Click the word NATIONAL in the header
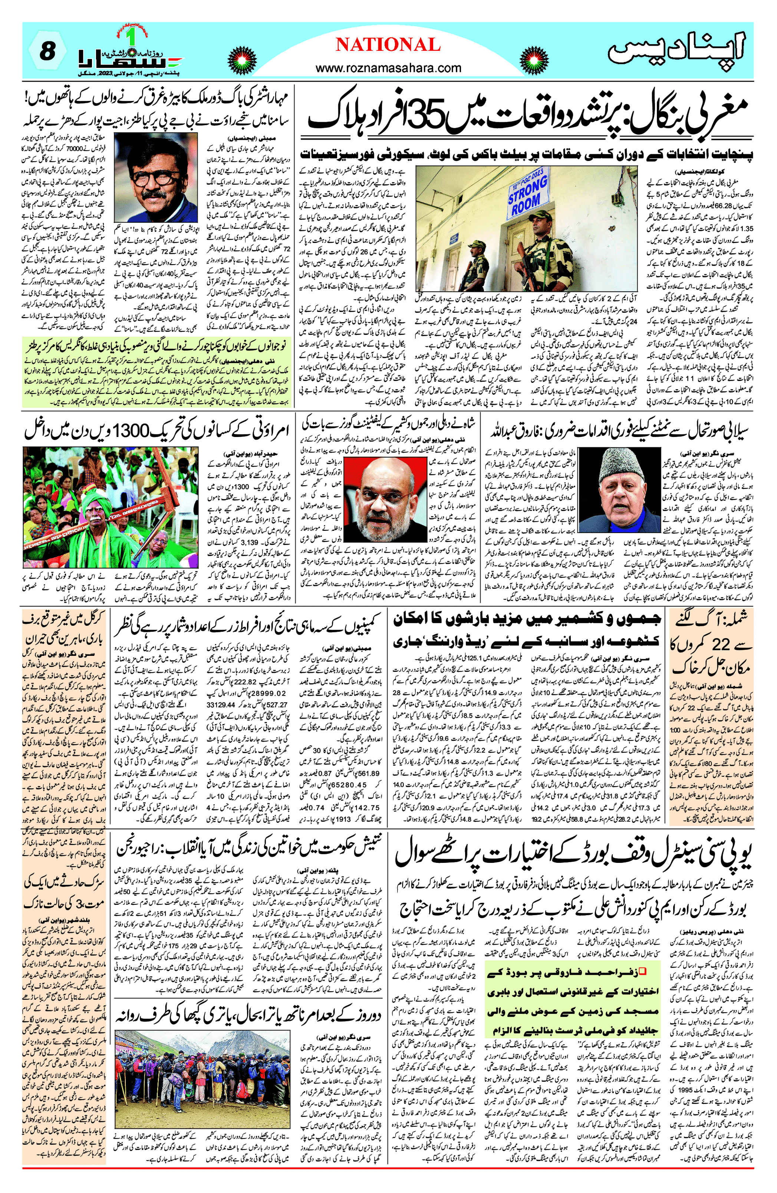tap(388, 45)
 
